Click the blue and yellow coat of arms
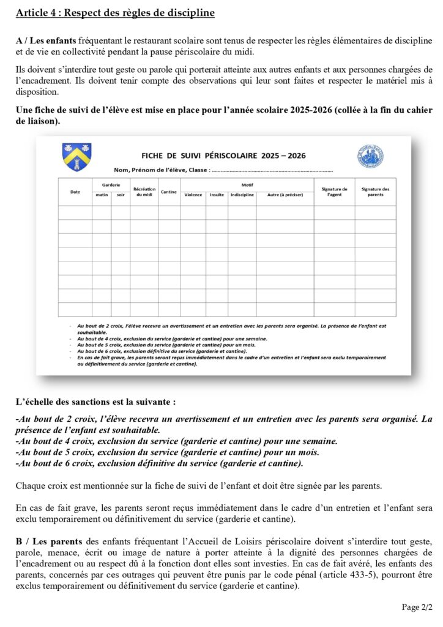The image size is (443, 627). point(76,157)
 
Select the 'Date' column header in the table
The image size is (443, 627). point(75,192)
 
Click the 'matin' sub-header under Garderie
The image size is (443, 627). point(101,195)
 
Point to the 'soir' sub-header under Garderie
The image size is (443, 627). point(120,195)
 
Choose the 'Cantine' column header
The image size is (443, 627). point(168,192)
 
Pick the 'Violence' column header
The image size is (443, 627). point(193,195)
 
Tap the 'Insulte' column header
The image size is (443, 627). point(217,195)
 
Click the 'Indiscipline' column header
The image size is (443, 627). point(242,195)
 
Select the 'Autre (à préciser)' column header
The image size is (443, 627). point(284,195)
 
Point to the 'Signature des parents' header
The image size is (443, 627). point(375,192)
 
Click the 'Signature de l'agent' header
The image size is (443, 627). point(334,192)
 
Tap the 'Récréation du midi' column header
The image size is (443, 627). point(144,192)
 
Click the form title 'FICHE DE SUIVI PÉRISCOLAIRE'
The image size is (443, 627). point(223,156)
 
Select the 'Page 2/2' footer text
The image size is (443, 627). point(417,607)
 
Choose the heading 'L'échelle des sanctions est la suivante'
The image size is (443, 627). point(95,402)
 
